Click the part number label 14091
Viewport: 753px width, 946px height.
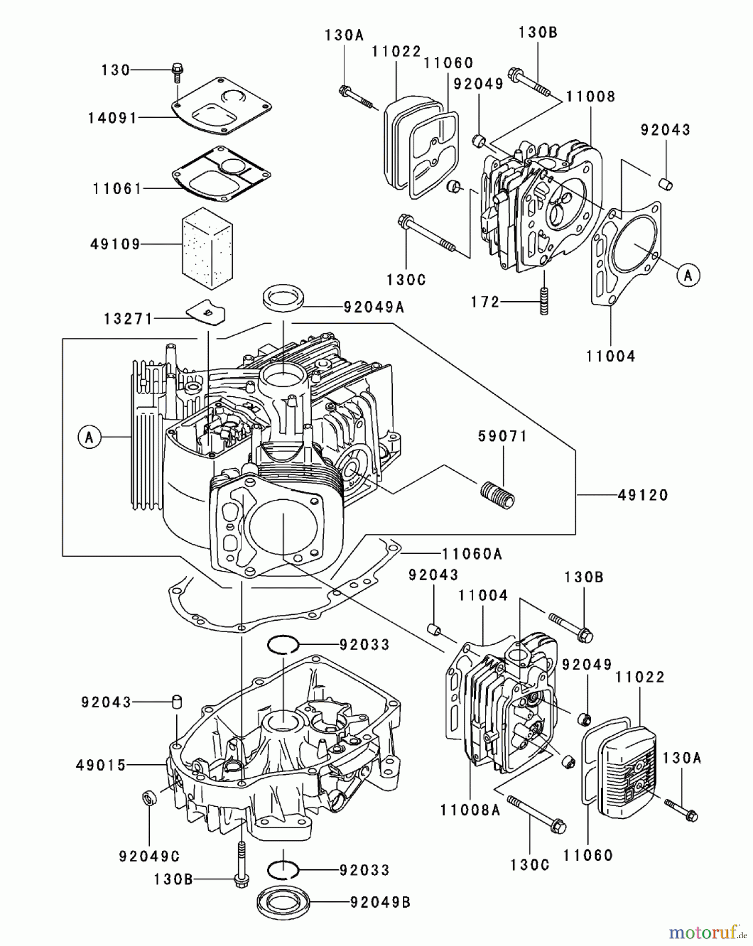112,118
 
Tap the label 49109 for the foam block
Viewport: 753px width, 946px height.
116,244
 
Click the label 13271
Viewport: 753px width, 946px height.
128,319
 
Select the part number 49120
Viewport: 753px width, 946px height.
643,495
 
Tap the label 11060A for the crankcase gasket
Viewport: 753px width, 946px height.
472,553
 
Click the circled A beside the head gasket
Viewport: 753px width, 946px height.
688,275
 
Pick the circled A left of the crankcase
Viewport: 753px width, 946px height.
89,437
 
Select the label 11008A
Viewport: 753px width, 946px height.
470,810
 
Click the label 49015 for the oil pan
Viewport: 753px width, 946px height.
101,765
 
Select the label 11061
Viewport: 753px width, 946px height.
117,188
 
